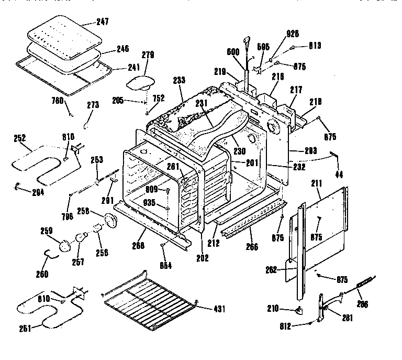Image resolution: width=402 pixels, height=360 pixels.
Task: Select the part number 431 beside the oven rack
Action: point(219,309)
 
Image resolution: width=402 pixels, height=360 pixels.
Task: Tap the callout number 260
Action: point(42,274)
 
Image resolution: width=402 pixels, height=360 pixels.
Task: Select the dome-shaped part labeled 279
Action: point(141,81)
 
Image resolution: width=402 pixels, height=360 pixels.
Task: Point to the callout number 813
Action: point(314,47)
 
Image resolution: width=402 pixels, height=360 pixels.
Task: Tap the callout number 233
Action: point(179,81)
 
